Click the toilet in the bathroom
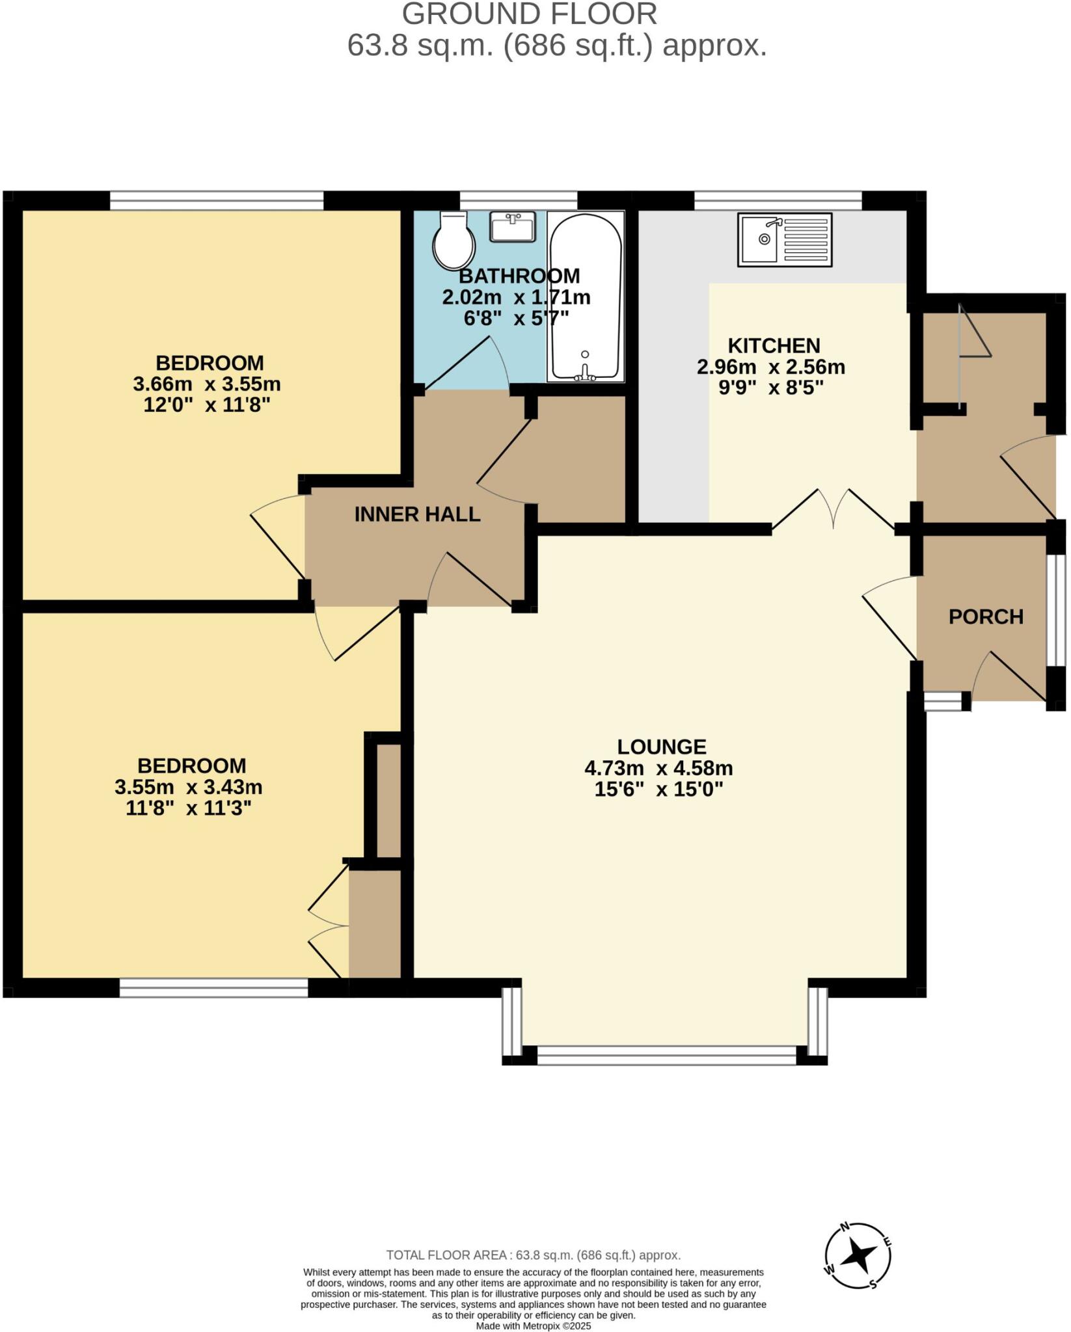pyautogui.click(x=454, y=241)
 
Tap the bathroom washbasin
pyautogui.click(x=512, y=226)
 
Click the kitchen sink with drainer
pyautogui.click(x=784, y=240)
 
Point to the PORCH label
pyautogui.click(x=985, y=617)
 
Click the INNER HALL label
pyautogui.click(x=417, y=514)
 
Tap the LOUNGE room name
pyautogui.click(x=661, y=747)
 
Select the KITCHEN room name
pyautogui.click(x=773, y=345)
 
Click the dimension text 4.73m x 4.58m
pyautogui.click(x=658, y=768)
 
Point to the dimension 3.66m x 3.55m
pyautogui.click(x=207, y=384)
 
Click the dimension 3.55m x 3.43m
pyautogui.click(x=189, y=787)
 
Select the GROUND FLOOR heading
pyautogui.click(x=529, y=14)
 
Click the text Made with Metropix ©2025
pyautogui.click(x=534, y=1325)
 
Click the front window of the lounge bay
pyautogui.click(x=666, y=1054)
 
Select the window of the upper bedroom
pyautogui.click(x=216, y=200)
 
